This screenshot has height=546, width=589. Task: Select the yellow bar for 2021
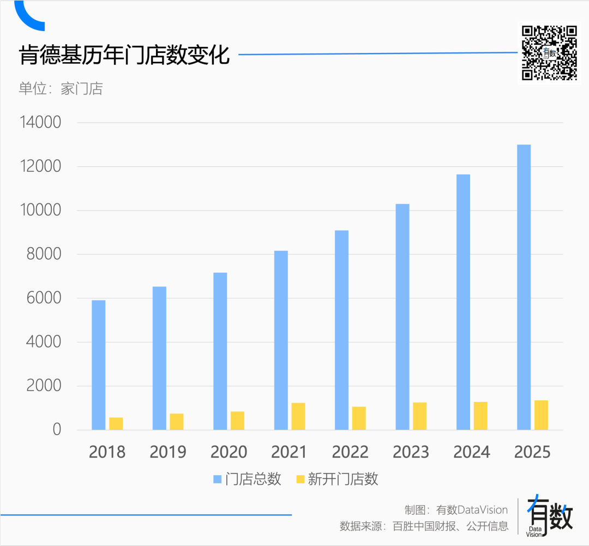(x=298, y=416)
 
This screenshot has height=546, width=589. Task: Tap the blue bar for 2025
(x=524, y=287)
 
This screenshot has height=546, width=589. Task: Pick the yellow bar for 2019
(x=176, y=421)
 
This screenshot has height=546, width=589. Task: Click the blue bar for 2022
(x=341, y=329)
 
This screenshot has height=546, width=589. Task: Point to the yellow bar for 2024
(x=480, y=415)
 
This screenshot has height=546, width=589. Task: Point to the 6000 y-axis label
(x=42, y=298)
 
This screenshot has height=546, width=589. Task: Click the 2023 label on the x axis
(x=411, y=452)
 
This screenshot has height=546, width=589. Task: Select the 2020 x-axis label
(x=229, y=452)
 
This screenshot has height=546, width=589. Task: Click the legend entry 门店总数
(x=248, y=479)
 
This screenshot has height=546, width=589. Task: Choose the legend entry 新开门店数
(x=336, y=479)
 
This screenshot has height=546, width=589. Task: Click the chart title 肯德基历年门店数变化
(x=124, y=56)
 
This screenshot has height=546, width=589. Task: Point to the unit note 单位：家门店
(x=61, y=88)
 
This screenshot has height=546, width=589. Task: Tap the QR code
(x=549, y=53)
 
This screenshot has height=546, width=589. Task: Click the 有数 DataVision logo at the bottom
(x=549, y=516)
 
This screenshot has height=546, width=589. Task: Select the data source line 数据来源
(x=424, y=526)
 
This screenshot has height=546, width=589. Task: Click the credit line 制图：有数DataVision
(x=455, y=509)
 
